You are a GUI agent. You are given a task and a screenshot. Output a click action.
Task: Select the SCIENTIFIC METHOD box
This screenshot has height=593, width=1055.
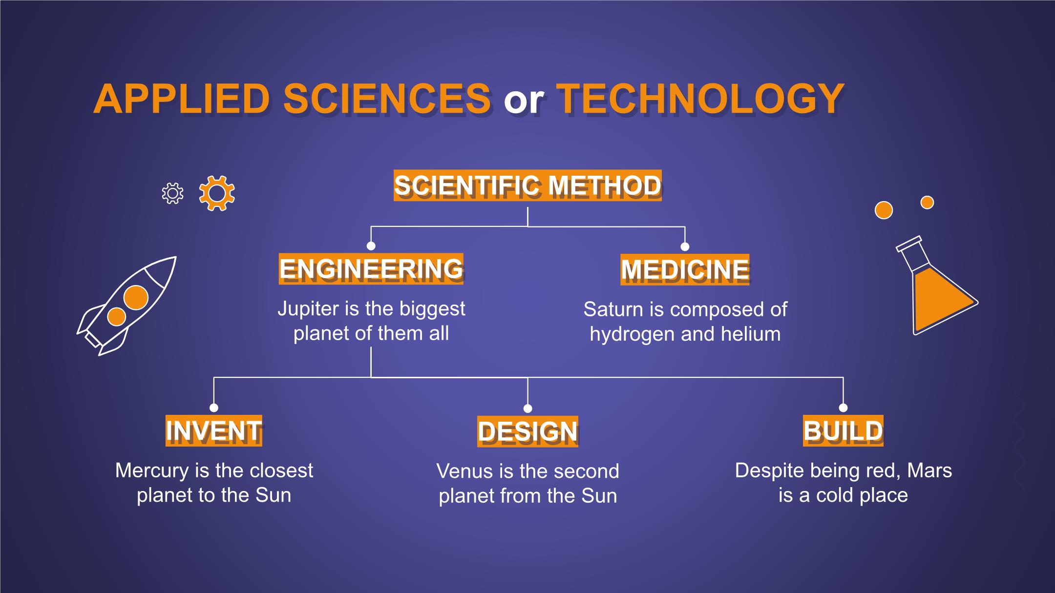[x=527, y=185]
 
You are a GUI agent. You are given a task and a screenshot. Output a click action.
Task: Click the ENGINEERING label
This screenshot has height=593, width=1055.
[x=371, y=268]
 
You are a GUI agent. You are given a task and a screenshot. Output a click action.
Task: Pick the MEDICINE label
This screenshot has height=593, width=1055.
[x=685, y=269]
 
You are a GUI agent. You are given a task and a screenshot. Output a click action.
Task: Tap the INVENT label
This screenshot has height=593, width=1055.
[x=214, y=430]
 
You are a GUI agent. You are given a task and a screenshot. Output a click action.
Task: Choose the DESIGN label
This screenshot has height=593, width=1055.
[x=527, y=431]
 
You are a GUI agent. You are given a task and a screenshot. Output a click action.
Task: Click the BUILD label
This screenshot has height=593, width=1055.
[x=843, y=430]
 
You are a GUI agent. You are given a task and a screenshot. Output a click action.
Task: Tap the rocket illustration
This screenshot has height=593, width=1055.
[x=126, y=306]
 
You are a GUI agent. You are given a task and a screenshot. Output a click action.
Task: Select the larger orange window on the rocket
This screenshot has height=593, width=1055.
[x=136, y=297]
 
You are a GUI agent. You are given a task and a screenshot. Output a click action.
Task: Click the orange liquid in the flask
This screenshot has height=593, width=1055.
[x=940, y=303]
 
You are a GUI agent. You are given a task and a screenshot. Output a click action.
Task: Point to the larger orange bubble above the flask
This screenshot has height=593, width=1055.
[x=884, y=210]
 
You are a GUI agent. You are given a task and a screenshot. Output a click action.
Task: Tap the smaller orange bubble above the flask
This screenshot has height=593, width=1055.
[x=927, y=202]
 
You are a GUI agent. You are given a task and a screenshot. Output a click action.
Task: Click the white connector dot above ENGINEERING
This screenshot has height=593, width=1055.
[x=371, y=246]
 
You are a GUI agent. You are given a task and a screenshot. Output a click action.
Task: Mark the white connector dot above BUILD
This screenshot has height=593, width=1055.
[x=843, y=408]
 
